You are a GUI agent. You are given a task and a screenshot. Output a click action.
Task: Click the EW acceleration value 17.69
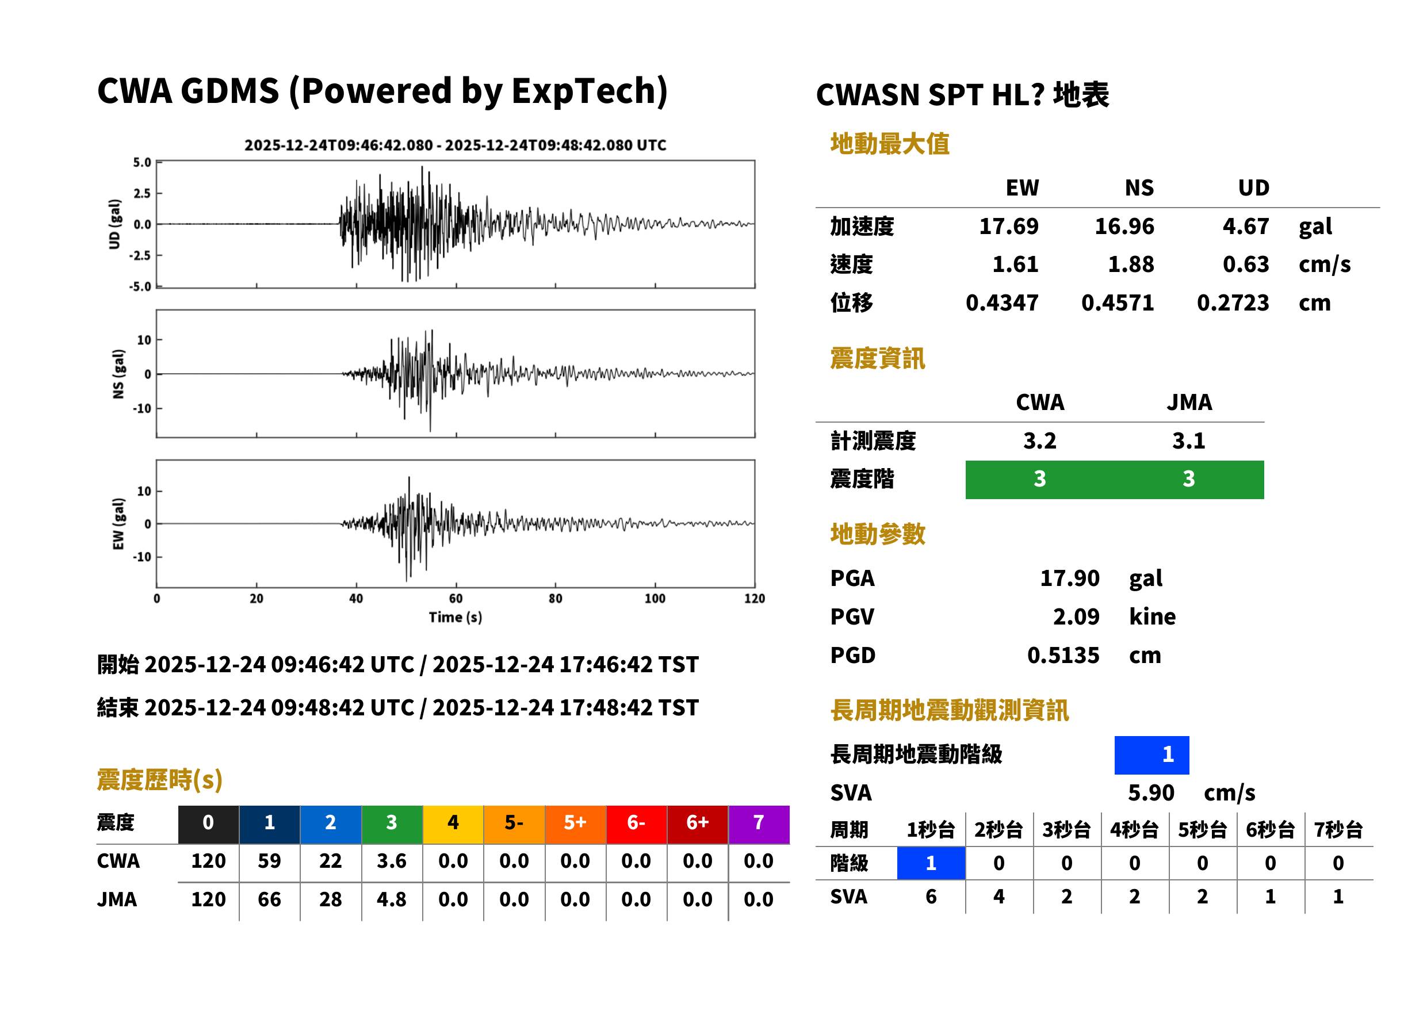1008,226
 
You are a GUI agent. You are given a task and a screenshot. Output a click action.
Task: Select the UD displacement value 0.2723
1233,302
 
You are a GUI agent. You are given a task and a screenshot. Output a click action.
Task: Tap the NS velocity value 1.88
1130,264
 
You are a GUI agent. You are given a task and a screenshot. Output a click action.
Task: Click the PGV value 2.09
1076,616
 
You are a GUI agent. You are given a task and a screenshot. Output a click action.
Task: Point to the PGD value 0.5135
1063,655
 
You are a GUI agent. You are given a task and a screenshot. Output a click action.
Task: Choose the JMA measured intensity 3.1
1188,440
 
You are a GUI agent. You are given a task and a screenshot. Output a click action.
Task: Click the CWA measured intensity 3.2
1040,440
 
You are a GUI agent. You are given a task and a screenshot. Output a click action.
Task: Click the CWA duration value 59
269,861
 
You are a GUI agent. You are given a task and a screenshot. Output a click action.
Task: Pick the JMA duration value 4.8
392,899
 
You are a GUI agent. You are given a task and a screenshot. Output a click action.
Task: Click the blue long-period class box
1151,755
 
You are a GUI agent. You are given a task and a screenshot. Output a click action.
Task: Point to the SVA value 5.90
1151,792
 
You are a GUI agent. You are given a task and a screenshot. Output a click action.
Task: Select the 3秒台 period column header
1066,829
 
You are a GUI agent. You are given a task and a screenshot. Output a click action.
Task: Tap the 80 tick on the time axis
556,599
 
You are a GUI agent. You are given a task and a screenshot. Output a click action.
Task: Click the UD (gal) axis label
114,224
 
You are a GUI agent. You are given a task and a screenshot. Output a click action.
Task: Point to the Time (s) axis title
456,618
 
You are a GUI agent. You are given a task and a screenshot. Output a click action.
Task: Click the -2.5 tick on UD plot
140,255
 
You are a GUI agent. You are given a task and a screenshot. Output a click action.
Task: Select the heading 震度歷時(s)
159,780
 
